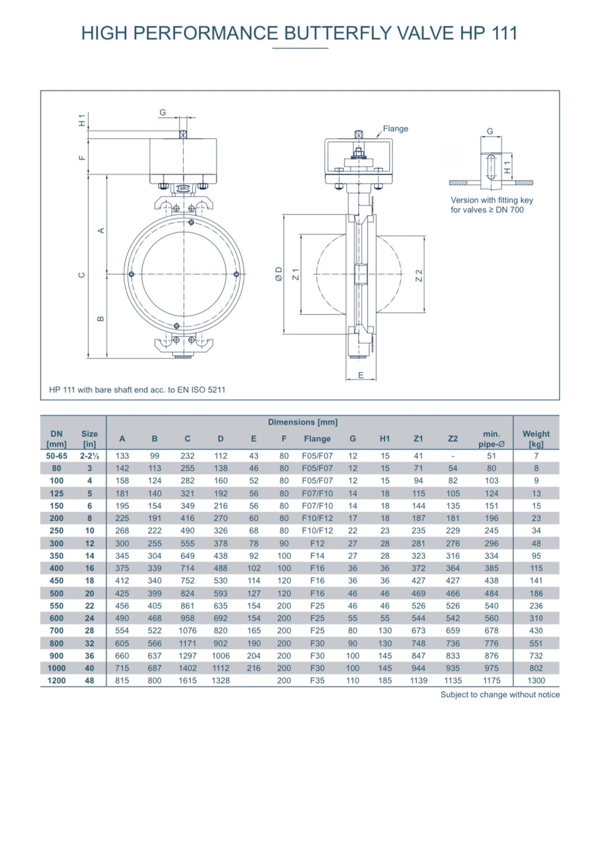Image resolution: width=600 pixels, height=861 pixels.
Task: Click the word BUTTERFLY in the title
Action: tap(338, 33)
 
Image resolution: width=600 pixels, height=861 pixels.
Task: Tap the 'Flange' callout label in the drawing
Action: tap(395, 129)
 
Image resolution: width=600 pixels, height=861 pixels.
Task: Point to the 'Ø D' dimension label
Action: tap(278, 274)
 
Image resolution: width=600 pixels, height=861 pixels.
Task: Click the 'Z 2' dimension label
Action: tap(419, 275)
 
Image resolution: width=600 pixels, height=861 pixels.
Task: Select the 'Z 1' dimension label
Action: tap(296, 274)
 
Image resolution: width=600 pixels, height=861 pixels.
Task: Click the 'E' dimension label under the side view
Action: tap(360, 375)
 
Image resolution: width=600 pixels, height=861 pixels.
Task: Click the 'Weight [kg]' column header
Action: tap(536, 438)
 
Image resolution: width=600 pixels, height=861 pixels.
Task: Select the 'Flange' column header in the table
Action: tap(317, 439)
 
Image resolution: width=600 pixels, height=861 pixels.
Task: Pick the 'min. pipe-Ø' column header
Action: tap(491, 438)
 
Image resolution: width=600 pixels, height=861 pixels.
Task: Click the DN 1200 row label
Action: tap(57, 680)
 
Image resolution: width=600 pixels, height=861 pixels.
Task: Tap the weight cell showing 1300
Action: tap(536, 680)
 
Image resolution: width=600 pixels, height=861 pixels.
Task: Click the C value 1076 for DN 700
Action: tap(187, 630)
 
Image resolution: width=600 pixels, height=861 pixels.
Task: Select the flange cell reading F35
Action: tap(317, 680)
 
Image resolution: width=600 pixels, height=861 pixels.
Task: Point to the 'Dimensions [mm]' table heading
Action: tap(303, 422)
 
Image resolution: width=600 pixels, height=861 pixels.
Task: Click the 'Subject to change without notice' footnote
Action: tap(500, 694)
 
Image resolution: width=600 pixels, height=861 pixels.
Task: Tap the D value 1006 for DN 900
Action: tap(221, 655)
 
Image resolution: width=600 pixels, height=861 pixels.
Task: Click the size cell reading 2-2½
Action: tap(89, 455)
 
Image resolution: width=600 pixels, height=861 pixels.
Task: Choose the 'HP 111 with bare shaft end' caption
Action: tap(137, 389)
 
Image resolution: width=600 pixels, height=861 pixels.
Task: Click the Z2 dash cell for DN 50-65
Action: tap(453, 455)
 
